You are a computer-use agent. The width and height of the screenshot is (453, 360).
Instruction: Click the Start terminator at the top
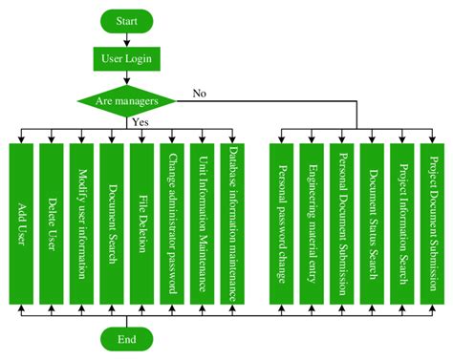coord(125,20)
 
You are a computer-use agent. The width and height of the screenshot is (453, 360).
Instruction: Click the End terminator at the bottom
coord(125,338)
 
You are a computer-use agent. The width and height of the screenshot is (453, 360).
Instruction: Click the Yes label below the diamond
coord(140,123)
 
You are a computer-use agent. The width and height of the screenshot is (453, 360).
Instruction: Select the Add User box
coord(22,223)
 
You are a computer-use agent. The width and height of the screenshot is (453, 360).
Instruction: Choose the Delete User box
coord(53,223)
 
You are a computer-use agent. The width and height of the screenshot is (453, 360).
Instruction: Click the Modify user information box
coord(82,223)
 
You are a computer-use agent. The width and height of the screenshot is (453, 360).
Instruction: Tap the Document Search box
coord(112,223)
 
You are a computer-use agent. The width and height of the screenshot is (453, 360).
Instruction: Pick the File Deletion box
coord(141,223)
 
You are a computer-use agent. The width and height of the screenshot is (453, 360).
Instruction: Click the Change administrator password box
coord(172,223)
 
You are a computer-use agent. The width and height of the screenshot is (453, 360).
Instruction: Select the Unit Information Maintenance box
coord(202,223)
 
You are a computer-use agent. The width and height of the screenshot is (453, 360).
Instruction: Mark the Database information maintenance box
coord(231,223)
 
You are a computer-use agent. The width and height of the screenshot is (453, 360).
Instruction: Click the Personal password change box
coord(282,223)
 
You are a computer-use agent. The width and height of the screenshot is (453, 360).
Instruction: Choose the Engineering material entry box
coord(313,223)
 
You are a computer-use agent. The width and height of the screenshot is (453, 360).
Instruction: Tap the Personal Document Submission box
coord(342,223)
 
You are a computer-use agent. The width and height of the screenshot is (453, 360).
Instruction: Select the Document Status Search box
coord(372,223)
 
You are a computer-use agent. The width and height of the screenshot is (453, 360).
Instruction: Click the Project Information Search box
coord(402,223)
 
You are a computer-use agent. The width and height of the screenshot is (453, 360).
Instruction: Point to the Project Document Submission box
coord(432,223)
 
